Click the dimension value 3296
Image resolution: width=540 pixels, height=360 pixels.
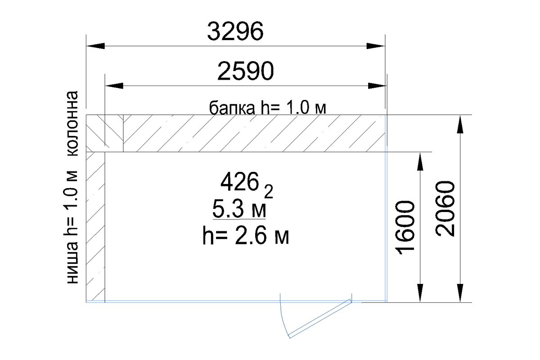coord(235,31)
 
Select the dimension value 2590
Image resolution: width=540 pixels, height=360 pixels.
coord(245,71)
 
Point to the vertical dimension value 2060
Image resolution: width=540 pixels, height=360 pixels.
coord(445,208)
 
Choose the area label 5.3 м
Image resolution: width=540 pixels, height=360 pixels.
coord(239,209)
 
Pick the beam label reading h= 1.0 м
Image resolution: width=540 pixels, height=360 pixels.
coord(293,108)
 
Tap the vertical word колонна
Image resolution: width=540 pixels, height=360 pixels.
coord(72,123)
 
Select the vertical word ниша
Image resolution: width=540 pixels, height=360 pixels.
coord(72,263)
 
